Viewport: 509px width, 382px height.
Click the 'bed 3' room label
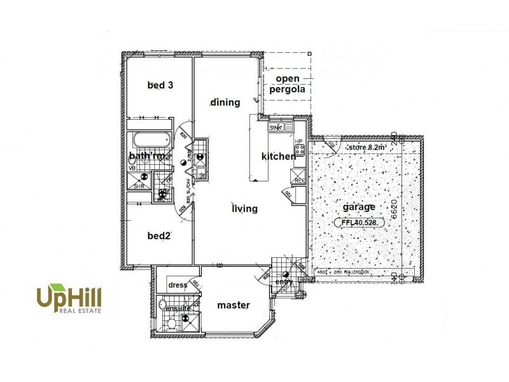pos(160,85)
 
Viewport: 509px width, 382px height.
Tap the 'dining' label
pos(225,102)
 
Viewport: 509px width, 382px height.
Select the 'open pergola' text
pos(286,84)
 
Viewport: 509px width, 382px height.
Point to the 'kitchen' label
pos(278,157)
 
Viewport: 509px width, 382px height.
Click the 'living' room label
pos(244,208)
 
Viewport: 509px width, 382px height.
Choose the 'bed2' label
pos(159,236)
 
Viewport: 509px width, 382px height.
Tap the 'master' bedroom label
pos(234,305)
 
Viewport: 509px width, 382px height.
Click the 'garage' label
pos(359,207)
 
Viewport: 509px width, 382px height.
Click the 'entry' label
pos(283,281)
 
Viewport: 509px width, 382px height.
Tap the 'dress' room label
pos(178,285)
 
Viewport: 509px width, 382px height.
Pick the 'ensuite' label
pos(178,309)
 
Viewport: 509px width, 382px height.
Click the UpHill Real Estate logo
pos(69,299)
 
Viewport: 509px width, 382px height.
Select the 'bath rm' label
pos(148,156)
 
